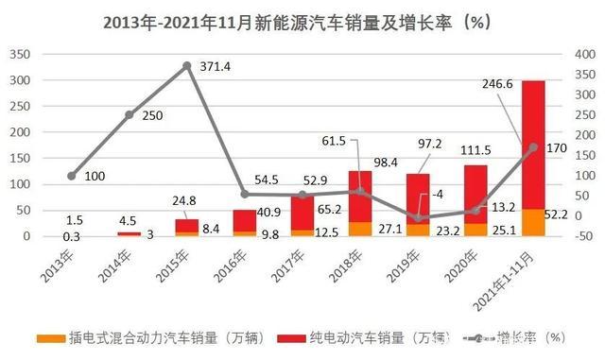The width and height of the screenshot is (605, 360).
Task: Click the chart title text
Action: click(x=302, y=20)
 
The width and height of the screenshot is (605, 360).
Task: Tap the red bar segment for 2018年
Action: click(x=359, y=196)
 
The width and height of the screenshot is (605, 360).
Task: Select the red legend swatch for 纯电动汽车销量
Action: click(x=292, y=337)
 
